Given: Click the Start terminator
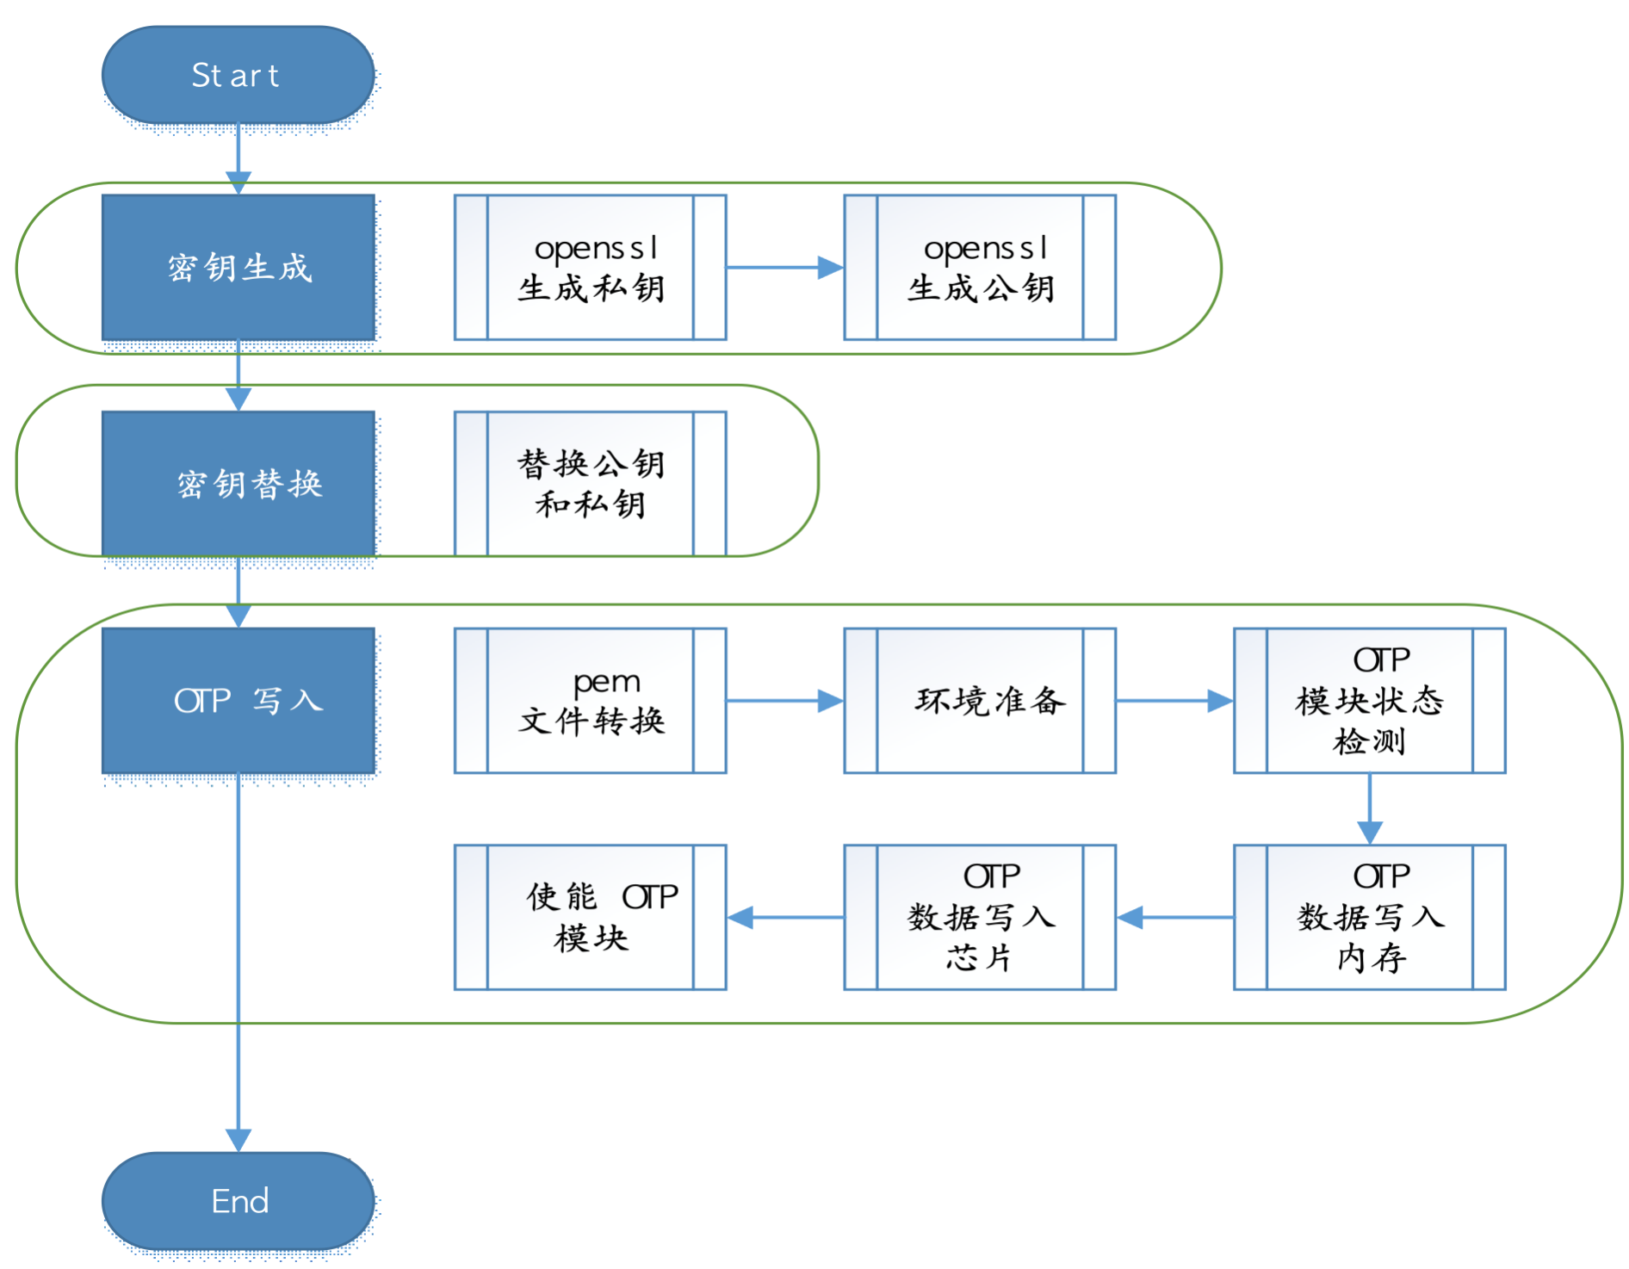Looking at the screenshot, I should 238,76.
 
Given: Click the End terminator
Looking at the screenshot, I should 238,1201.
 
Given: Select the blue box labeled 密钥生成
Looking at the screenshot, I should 238,268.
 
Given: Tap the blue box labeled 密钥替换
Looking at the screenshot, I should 238,484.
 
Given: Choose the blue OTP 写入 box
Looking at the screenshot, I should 238,701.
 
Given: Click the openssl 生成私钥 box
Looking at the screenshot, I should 590,268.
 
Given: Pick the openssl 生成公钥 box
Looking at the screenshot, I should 980,268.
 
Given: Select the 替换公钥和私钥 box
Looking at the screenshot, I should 590,484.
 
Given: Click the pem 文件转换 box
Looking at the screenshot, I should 590,701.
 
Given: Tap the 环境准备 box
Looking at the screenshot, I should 980,701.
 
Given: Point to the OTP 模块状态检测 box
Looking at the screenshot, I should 1369,701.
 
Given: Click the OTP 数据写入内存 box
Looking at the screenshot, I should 1369,917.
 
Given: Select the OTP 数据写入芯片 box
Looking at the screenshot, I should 980,917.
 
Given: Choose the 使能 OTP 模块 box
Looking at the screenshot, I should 590,917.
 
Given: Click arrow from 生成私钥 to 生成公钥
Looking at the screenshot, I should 784,268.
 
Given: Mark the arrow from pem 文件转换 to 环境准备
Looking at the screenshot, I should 784,701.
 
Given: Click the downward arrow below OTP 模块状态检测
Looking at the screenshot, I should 1369,809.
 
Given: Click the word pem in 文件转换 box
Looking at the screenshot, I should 606,682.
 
